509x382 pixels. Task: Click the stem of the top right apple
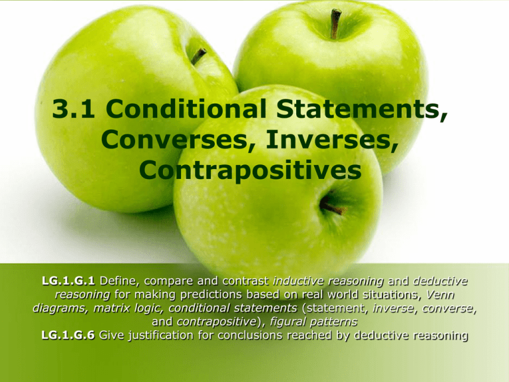[x=336, y=23]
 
